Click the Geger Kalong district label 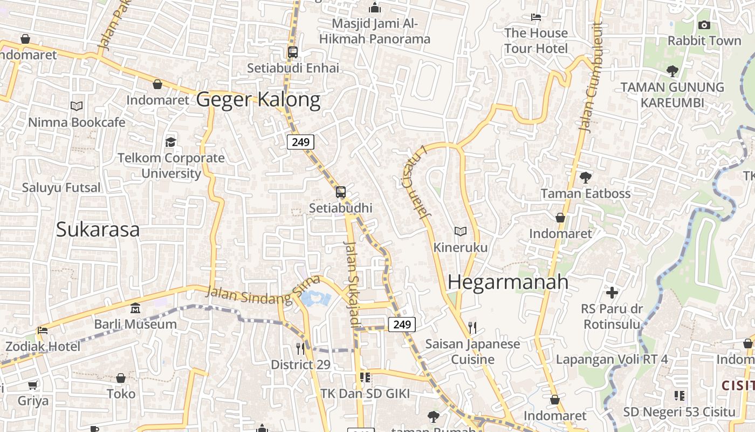click(258, 100)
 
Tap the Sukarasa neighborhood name click(98, 230)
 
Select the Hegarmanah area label click(508, 282)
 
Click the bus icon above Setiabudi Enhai click(293, 52)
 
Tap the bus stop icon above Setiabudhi click(341, 192)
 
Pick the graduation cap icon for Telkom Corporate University click(171, 142)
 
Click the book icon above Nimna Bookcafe click(77, 106)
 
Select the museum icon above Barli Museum click(135, 308)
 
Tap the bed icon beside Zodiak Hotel click(43, 330)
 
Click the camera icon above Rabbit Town click(704, 25)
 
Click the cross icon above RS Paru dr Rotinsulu click(612, 293)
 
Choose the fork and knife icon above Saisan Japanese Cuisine click(472, 328)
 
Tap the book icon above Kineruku click(460, 232)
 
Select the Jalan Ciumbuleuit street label click(589, 76)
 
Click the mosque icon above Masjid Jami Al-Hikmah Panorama click(375, 8)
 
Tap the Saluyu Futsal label click(61, 188)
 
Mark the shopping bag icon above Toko click(121, 378)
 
